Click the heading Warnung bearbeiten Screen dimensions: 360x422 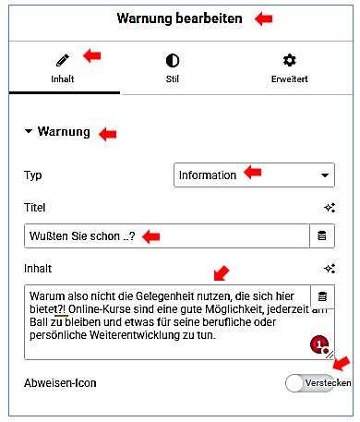(180, 18)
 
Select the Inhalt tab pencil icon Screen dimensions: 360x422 (63, 61)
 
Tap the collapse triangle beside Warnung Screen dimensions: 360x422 (29, 132)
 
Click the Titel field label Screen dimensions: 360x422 (35, 208)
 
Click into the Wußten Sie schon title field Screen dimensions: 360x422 (166, 237)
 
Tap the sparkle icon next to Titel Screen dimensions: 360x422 (328, 209)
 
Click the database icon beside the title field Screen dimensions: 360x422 (321, 237)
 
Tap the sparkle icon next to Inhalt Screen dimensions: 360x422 (328, 268)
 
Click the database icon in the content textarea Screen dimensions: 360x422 (322, 296)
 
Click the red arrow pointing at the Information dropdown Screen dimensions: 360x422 (252, 173)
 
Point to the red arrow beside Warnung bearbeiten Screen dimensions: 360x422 (263, 18)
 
